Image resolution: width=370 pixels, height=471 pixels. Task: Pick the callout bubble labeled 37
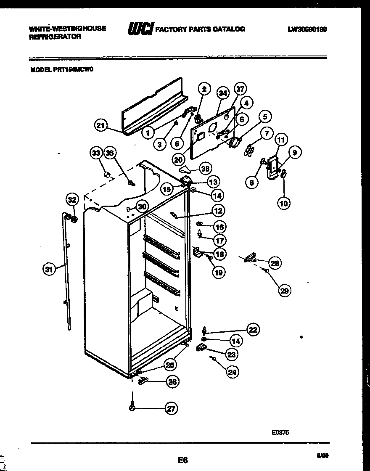coord(240,89)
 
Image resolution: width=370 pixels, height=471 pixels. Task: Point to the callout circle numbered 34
coord(223,93)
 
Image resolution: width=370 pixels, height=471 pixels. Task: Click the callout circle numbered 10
coord(284,203)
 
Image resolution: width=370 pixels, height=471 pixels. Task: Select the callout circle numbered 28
coord(275,263)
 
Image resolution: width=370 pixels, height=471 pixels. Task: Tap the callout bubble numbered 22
coord(253,330)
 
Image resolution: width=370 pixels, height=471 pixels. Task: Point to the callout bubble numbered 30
coord(143,206)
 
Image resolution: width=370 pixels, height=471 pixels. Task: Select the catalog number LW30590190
coord(307,29)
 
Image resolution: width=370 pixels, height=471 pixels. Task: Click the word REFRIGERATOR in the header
coord(55,37)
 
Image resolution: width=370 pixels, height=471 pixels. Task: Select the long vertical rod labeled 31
coord(67,273)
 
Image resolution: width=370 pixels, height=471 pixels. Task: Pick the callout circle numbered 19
coord(219,272)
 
